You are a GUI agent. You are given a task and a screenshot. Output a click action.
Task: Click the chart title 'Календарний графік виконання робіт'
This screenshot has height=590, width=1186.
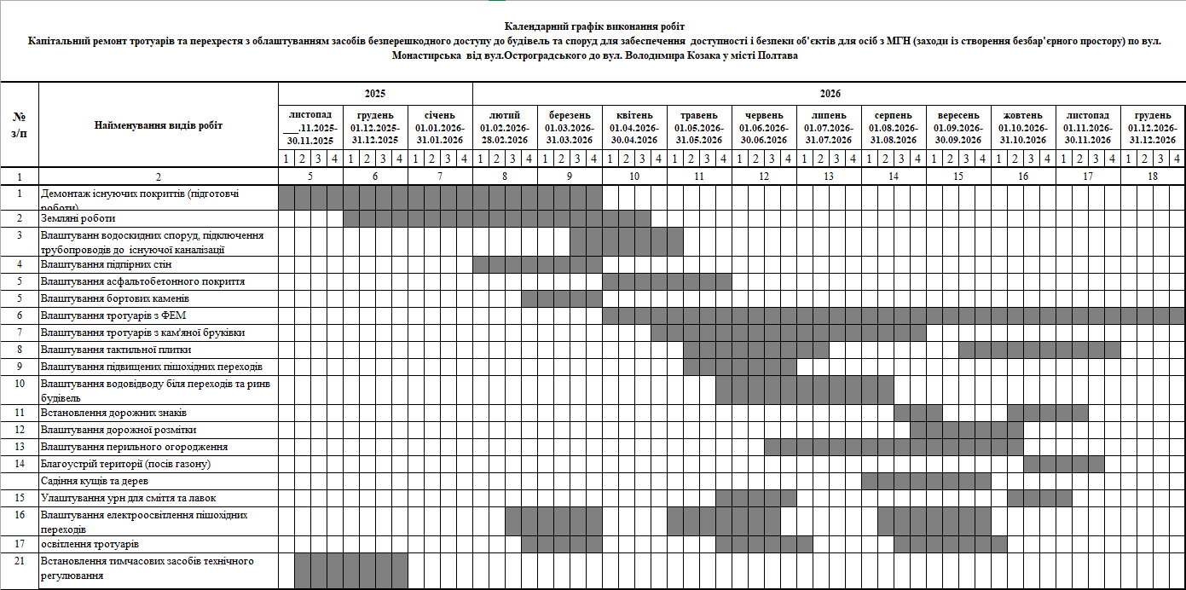[593, 27]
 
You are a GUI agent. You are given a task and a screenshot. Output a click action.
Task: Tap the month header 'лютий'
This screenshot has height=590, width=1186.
[505, 115]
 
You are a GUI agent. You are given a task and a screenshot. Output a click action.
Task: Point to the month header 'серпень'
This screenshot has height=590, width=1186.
[893, 115]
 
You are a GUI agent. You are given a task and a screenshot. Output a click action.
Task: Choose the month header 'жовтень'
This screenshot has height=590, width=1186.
[1023, 115]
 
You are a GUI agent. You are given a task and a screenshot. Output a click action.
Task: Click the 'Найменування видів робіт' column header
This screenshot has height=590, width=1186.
[159, 126]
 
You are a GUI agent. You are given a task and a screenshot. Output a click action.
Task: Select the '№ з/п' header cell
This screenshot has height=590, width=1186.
[20, 126]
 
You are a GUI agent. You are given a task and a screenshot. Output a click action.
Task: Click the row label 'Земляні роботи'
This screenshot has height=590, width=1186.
[78, 218]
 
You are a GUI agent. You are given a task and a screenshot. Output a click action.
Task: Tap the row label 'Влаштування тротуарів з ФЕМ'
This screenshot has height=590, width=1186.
[107, 315]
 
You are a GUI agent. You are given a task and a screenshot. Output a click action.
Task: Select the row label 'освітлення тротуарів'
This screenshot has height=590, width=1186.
[90, 544]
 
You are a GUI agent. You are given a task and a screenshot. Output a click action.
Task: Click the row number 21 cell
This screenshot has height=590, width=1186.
[20, 567]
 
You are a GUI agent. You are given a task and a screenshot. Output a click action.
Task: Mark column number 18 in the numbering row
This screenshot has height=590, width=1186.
[1153, 176]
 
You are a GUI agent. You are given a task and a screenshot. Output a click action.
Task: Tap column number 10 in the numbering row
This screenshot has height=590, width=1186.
[634, 176]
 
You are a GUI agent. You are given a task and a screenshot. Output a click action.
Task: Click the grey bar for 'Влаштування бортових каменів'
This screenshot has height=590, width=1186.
[561, 298]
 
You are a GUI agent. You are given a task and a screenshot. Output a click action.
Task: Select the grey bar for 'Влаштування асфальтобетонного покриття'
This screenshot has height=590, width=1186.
[667, 281]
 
